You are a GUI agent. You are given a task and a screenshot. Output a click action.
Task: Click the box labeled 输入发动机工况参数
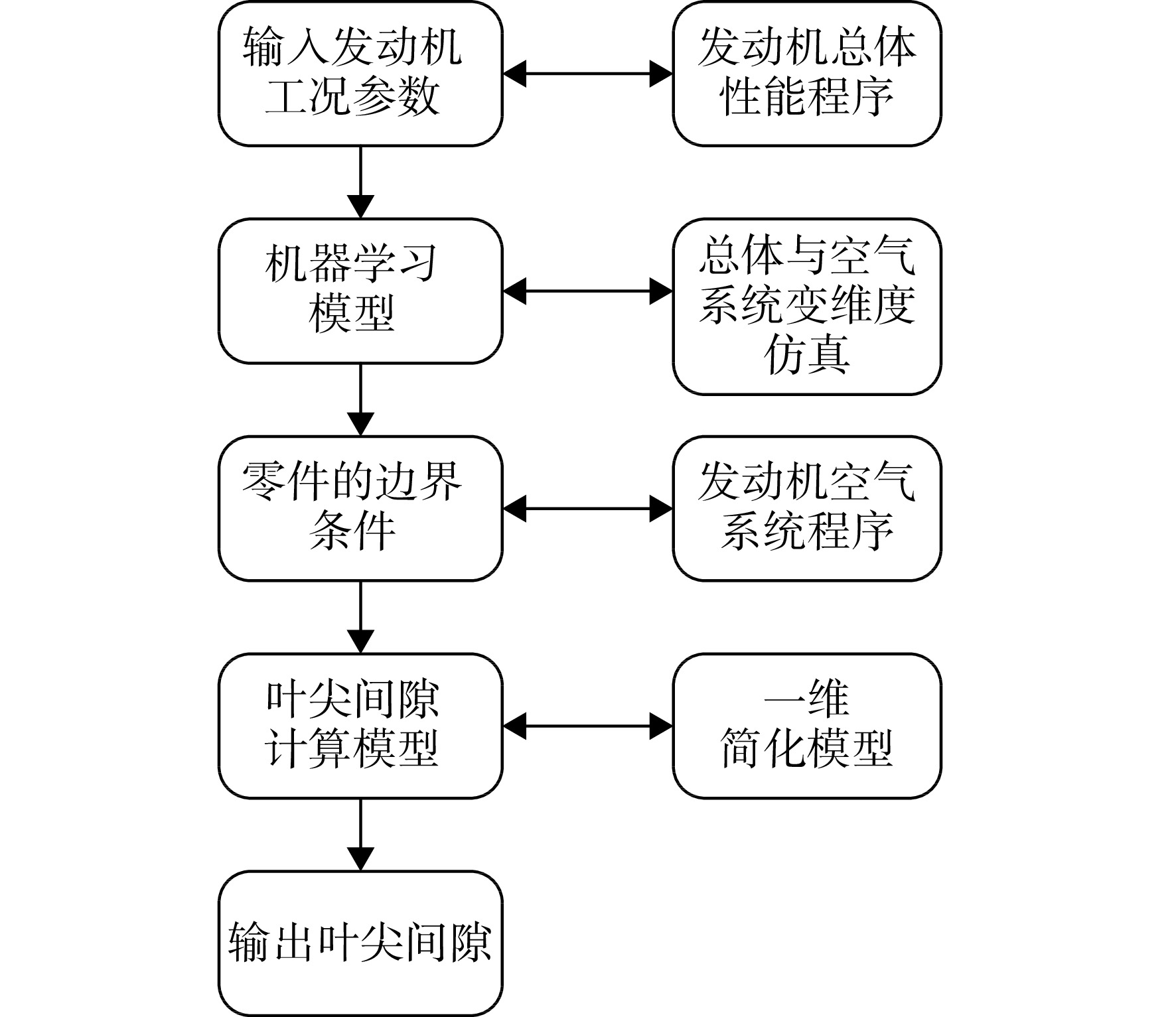point(360,73)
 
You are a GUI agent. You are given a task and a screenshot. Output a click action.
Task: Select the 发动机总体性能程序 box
point(807,73)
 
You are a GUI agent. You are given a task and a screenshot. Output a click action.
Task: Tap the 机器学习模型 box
point(360,291)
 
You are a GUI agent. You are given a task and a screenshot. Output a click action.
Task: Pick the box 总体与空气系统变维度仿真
point(807,306)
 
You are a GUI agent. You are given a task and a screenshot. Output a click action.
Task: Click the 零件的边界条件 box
point(360,508)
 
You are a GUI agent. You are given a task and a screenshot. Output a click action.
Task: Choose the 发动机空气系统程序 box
point(807,508)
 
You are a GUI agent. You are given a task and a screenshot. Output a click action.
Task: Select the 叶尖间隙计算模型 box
point(360,726)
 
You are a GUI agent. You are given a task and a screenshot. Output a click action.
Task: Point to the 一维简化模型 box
point(807,726)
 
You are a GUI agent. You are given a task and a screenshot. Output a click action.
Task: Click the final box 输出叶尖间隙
point(360,943)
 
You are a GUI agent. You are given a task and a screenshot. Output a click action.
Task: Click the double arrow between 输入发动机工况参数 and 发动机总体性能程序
point(588,74)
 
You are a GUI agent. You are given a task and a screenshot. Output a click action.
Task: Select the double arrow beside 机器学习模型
point(588,291)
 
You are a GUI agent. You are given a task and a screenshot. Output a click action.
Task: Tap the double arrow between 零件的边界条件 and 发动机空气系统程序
point(588,509)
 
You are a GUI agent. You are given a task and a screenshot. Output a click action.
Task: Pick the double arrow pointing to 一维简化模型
point(588,726)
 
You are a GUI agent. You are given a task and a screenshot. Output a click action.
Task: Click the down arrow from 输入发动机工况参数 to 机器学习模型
point(360,182)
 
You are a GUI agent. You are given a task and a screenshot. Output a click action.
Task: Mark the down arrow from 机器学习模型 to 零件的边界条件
point(360,400)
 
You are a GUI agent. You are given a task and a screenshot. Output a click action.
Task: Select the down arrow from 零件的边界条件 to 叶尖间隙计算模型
point(360,618)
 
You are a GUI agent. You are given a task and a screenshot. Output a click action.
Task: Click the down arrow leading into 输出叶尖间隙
point(360,835)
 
